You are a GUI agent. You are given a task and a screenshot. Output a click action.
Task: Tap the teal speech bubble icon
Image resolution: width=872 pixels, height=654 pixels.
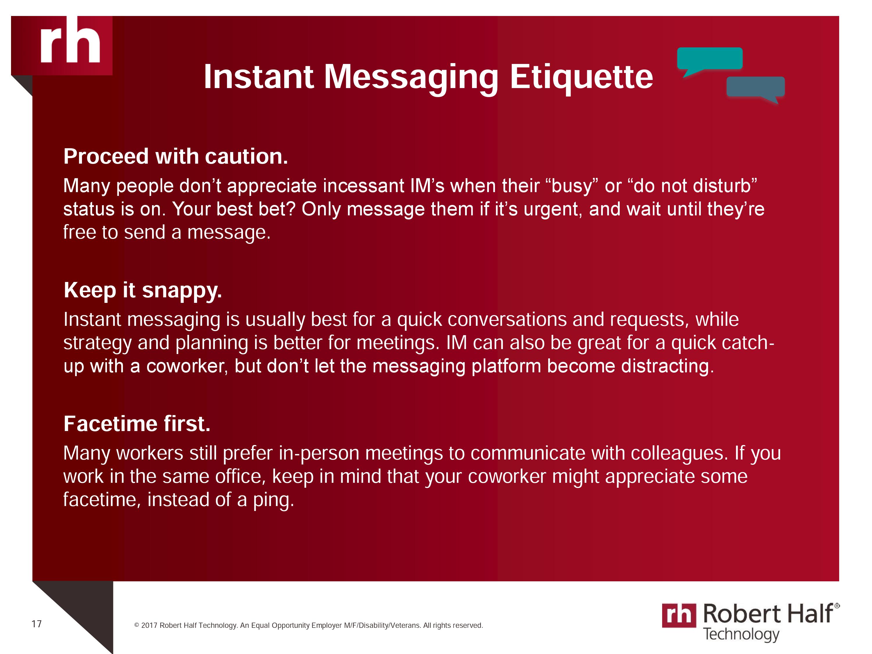tap(710, 60)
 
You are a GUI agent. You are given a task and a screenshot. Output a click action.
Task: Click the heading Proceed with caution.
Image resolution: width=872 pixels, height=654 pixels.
tap(176, 156)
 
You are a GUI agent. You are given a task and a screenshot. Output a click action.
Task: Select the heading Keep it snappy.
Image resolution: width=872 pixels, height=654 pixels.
tap(143, 291)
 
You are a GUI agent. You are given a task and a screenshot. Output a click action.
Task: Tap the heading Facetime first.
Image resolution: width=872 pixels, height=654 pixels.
tap(137, 424)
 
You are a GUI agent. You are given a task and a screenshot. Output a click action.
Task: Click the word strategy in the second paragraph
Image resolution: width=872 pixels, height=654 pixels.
tap(97, 343)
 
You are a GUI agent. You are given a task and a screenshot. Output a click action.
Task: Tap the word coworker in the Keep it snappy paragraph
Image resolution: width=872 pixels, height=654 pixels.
tap(187, 366)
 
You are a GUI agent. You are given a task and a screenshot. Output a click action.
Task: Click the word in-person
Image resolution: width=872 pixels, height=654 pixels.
tap(319, 453)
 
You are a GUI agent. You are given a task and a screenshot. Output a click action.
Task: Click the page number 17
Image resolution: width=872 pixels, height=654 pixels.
tap(37, 624)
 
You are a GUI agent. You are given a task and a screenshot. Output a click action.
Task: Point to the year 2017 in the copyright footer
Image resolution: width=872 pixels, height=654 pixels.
tap(149, 625)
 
